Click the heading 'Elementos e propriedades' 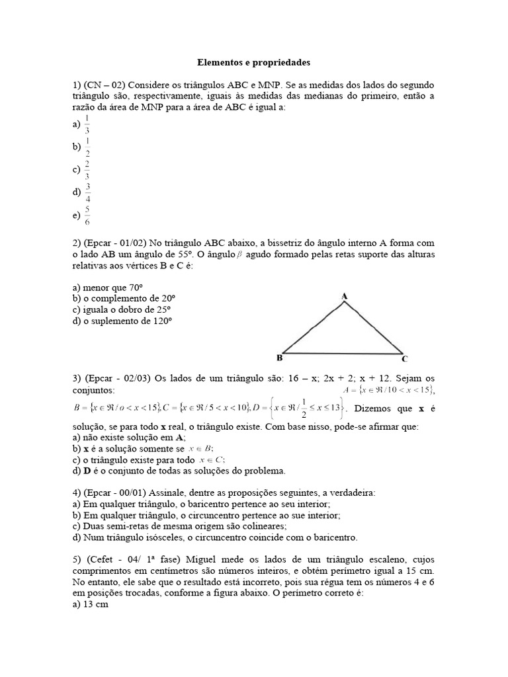pos(253,63)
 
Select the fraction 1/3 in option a pos(87,124)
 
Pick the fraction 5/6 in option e pos(87,216)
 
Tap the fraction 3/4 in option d pos(87,193)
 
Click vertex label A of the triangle pos(344,297)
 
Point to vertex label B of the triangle pos(279,358)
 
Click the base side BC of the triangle pos(344,353)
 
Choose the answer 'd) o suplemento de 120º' pos(122,321)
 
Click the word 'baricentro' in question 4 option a pos(191,504)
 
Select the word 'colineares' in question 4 pos(259,526)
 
